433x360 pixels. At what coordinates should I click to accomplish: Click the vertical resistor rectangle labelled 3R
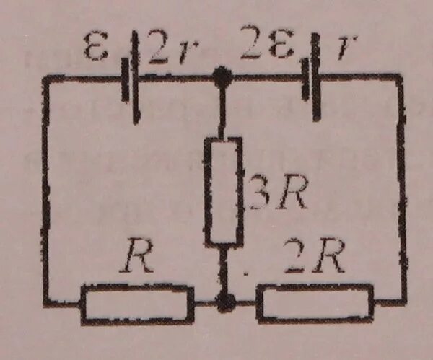(222, 190)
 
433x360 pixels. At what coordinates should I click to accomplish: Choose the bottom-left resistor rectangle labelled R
(137, 302)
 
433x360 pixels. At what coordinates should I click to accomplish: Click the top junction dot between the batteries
(223, 75)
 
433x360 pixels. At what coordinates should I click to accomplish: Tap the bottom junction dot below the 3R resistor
(226, 302)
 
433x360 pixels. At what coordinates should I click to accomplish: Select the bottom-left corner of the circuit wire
(47, 302)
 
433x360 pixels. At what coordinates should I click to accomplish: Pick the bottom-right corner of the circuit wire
(402, 301)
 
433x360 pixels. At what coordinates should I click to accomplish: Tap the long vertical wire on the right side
(402, 188)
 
